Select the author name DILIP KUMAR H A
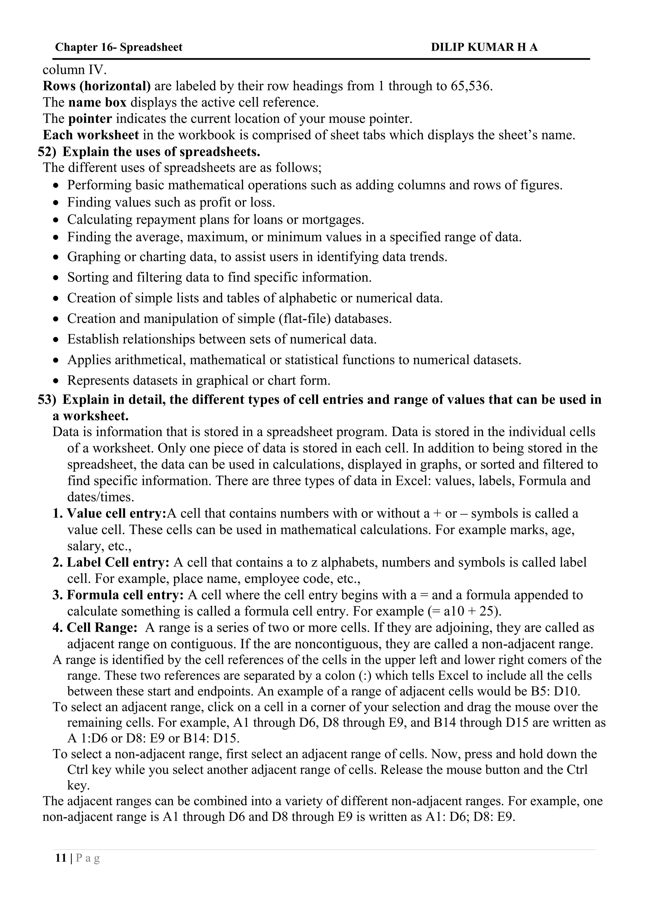coord(484,47)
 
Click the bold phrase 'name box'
coord(97,102)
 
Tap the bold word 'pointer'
coord(90,119)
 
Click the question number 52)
coord(47,152)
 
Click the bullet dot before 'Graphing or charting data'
coord(56,257)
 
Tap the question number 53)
coord(47,400)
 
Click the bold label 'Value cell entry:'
coord(116,513)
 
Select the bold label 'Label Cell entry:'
coord(118,562)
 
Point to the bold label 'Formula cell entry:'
coord(125,595)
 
